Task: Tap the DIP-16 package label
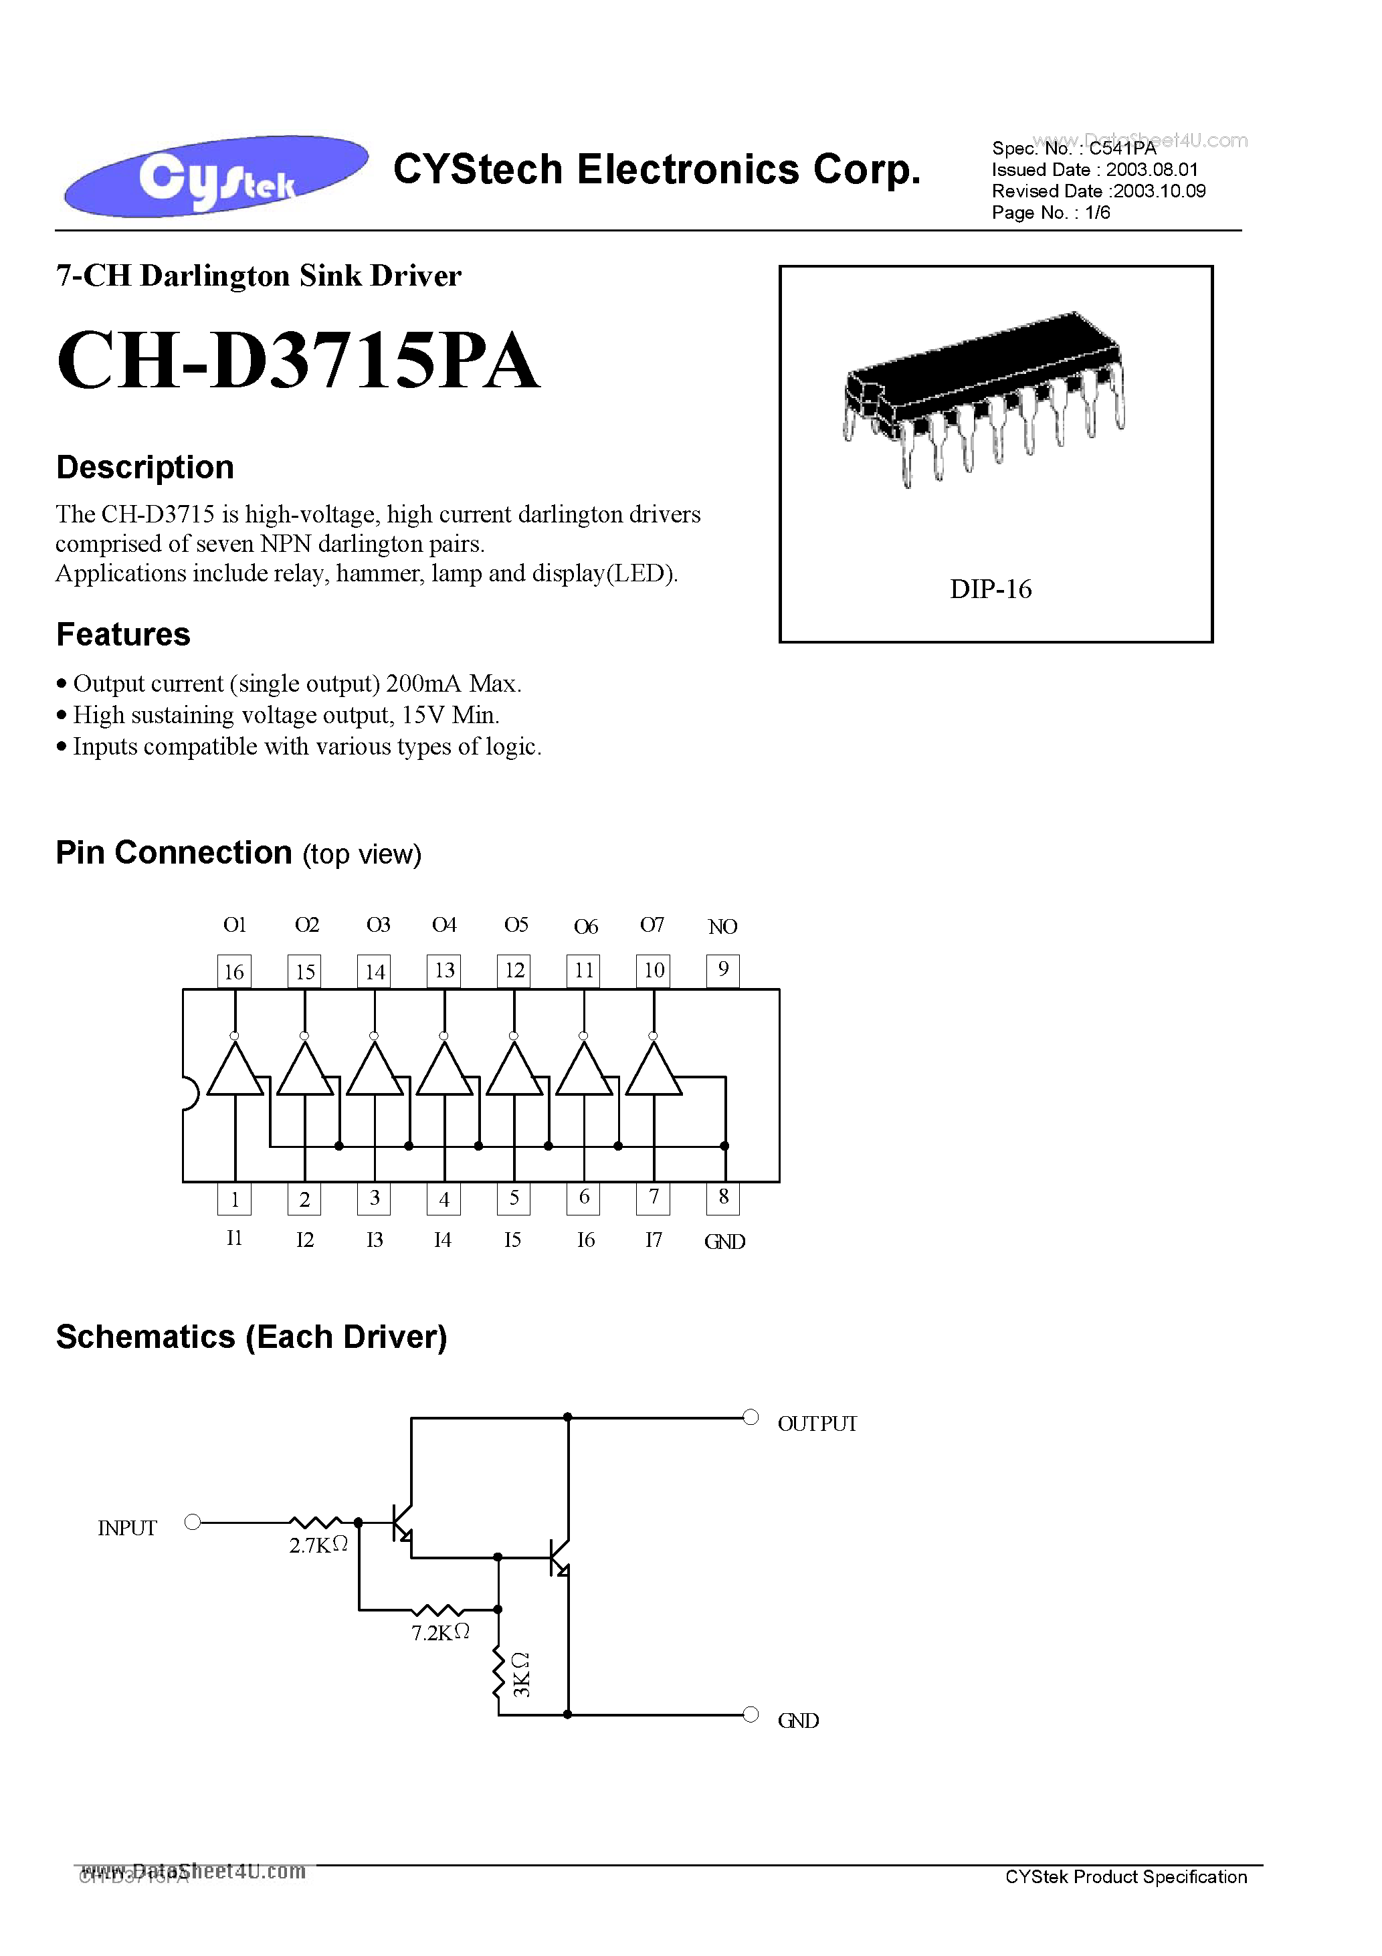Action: coord(990,589)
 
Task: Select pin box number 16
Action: coord(234,971)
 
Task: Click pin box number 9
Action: coord(722,969)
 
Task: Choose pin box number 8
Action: coord(722,1198)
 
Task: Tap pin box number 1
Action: coord(234,1199)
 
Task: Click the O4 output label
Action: coord(444,925)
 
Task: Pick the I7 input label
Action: coord(653,1240)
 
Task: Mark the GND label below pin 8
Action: coord(724,1242)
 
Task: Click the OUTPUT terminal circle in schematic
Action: coord(751,1417)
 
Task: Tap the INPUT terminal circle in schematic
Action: coord(193,1523)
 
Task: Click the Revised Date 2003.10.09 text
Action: coord(1098,191)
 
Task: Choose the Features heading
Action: coord(124,635)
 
